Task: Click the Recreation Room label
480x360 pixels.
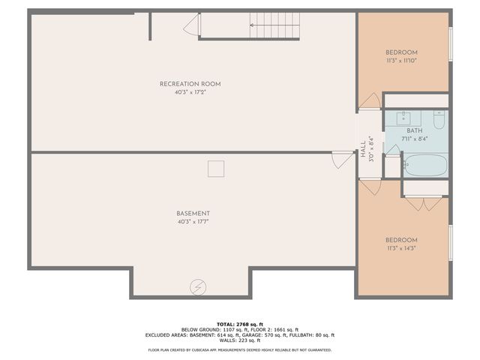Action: click(x=190, y=84)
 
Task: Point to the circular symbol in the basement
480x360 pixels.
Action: click(x=198, y=286)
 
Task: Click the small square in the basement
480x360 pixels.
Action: click(x=217, y=169)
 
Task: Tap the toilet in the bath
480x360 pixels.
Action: click(x=439, y=118)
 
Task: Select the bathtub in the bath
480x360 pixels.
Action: click(x=425, y=164)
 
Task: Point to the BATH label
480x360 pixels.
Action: click(x=415, y=130)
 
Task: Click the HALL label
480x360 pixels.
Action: click(x=363, y=145)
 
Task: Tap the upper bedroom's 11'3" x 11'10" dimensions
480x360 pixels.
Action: click(x=401, y=61)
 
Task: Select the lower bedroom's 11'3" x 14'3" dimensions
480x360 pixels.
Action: click(x=401, y=249)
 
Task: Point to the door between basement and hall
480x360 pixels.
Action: click(x=343, y=160)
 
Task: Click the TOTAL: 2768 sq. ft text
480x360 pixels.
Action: click(x=240, y=322)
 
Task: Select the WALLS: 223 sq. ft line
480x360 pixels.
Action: click(x=240, y=340)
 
